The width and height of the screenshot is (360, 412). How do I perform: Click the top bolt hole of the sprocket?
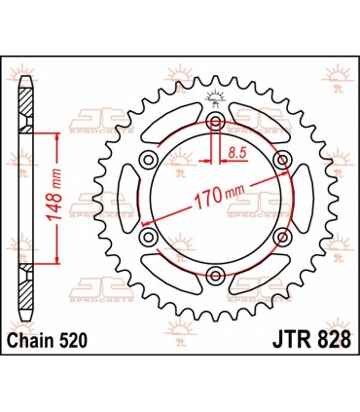pyautogui.click(x=214, y=121)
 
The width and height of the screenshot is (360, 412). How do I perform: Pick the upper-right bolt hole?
pyautogui.click(x=281, y=160)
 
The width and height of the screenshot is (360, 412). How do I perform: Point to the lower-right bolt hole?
pyautogui.click(x=281, y=238)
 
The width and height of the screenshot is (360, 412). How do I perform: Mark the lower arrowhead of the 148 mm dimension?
pyautogui.click(x=59, y=260)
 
